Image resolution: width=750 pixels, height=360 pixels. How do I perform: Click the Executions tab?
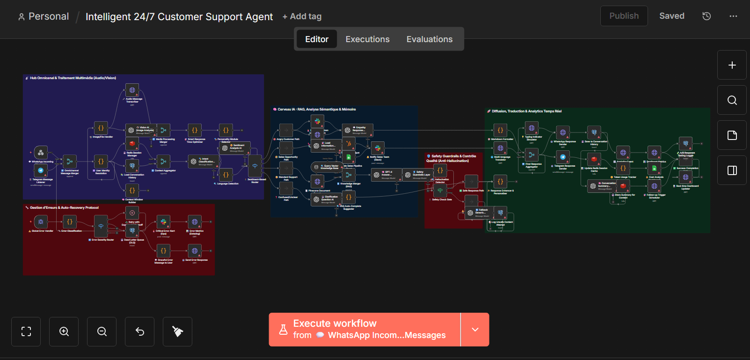[367, 39]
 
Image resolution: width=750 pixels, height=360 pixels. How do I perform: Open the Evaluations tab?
[429, 39]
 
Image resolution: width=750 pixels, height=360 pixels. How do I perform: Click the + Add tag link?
[302, 16]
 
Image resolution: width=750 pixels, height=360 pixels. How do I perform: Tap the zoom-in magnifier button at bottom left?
[64, 331]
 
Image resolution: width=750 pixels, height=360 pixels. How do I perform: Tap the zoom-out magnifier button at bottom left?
[102, 331]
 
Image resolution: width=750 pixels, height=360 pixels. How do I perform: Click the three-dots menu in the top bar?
[733, 16]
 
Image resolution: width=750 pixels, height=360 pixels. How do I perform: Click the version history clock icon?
[706, 16]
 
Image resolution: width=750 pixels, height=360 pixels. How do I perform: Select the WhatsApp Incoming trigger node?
[41, 153]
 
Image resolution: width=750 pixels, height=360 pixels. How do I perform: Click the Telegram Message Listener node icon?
[41, 170]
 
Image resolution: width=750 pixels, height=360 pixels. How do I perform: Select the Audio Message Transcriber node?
[132, 90]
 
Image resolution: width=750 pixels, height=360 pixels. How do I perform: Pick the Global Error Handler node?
[41, 222]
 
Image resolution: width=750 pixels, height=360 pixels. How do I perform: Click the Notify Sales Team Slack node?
[378, 148]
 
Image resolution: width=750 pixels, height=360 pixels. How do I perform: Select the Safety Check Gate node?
[440, 191]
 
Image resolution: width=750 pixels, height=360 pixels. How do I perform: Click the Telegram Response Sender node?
[563, 157]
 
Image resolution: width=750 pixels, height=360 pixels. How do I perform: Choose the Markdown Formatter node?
[500, 130]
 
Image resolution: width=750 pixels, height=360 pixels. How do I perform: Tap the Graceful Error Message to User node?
[163, 251]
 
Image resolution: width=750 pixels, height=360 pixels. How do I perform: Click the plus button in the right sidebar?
[732, 65]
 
